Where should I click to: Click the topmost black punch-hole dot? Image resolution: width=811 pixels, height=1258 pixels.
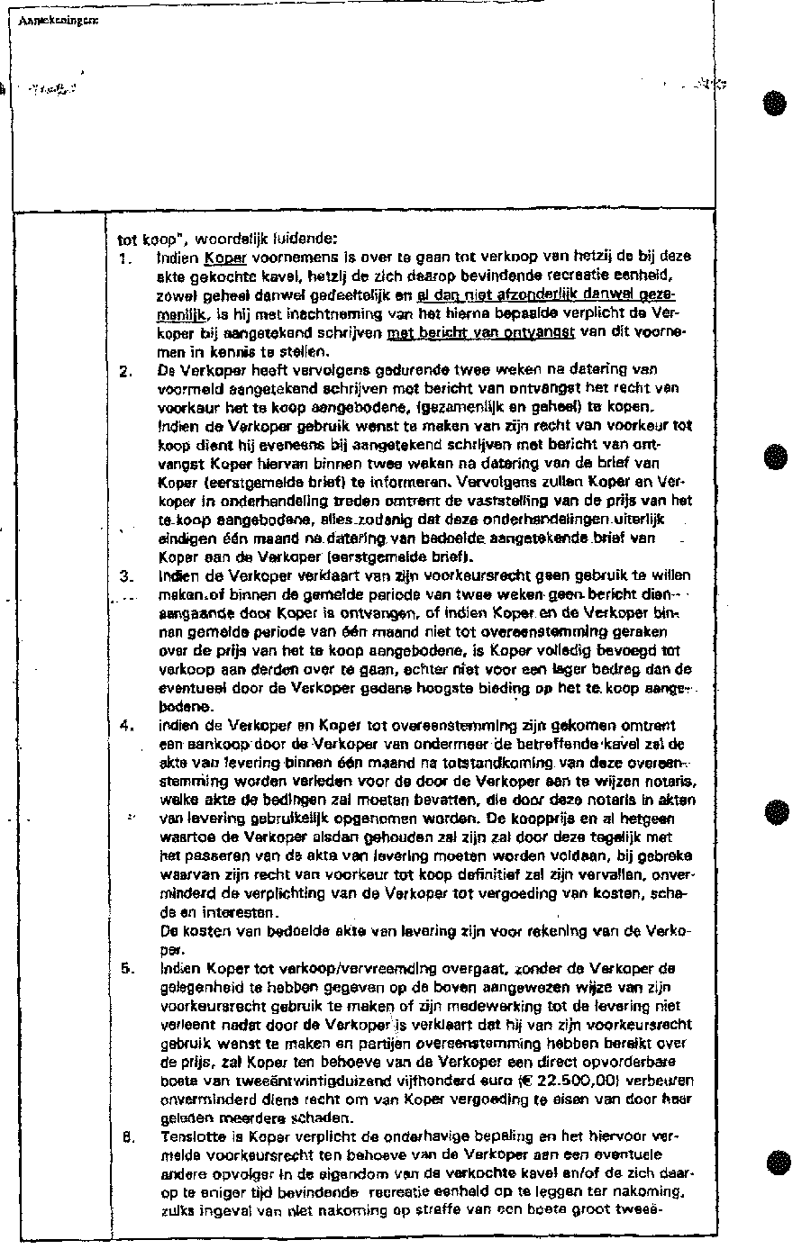pos(773,103)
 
